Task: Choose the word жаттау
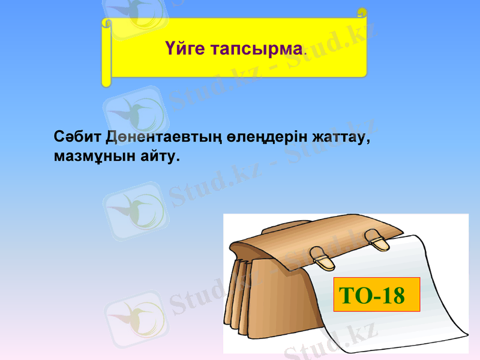[341, 136]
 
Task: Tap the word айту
[158, 157]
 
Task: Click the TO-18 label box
[376, 295]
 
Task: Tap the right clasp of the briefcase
[377, 241]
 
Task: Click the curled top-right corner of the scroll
[362, 12]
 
